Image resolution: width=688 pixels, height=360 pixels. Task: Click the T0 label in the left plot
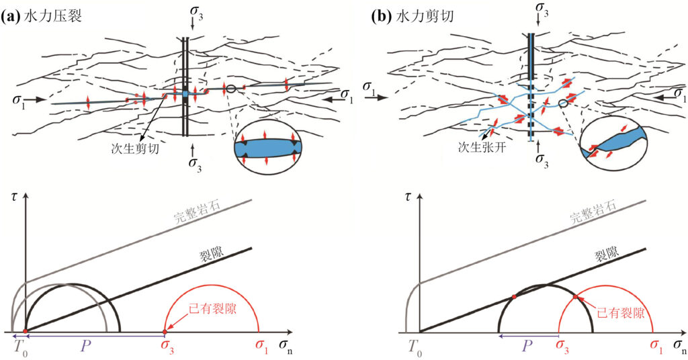tap(19, 347)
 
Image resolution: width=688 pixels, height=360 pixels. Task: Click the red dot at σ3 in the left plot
tap(165, 332)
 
